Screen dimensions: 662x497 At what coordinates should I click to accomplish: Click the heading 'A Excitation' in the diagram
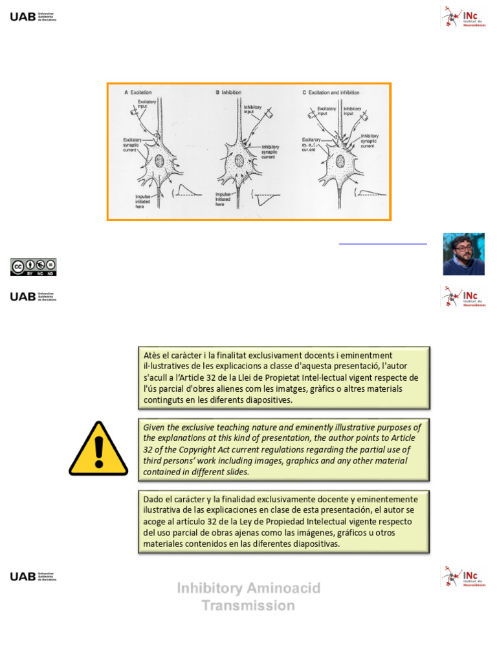[x=137, y=92]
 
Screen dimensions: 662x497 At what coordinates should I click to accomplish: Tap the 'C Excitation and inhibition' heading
[x=331, y=92]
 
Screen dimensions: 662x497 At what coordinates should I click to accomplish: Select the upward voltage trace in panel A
[x=188, y=189]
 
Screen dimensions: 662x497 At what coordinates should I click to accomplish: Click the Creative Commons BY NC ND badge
[x=33, y=267]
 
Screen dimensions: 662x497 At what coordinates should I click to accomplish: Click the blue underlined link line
[x=383, y=244]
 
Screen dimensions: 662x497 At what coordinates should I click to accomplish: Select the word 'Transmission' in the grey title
[x=248, y=606]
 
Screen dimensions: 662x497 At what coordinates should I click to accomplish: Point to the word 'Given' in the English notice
[x=155, y=427]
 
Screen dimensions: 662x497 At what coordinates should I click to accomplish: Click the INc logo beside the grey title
[x=462, y=575]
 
